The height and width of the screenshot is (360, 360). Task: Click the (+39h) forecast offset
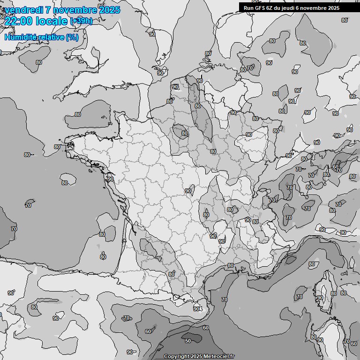click(x=81, y=21)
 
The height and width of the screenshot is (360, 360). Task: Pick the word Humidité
click(x=21, y=37)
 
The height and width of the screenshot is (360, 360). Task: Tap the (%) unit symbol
click(x=72, y=37)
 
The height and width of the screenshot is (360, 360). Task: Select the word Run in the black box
click(x=248, y=8)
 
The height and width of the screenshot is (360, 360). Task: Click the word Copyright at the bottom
click(x=176, y=356)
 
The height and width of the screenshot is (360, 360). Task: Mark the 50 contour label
click(x=188, y=341)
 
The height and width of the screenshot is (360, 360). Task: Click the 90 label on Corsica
click(x=320, y=298)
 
